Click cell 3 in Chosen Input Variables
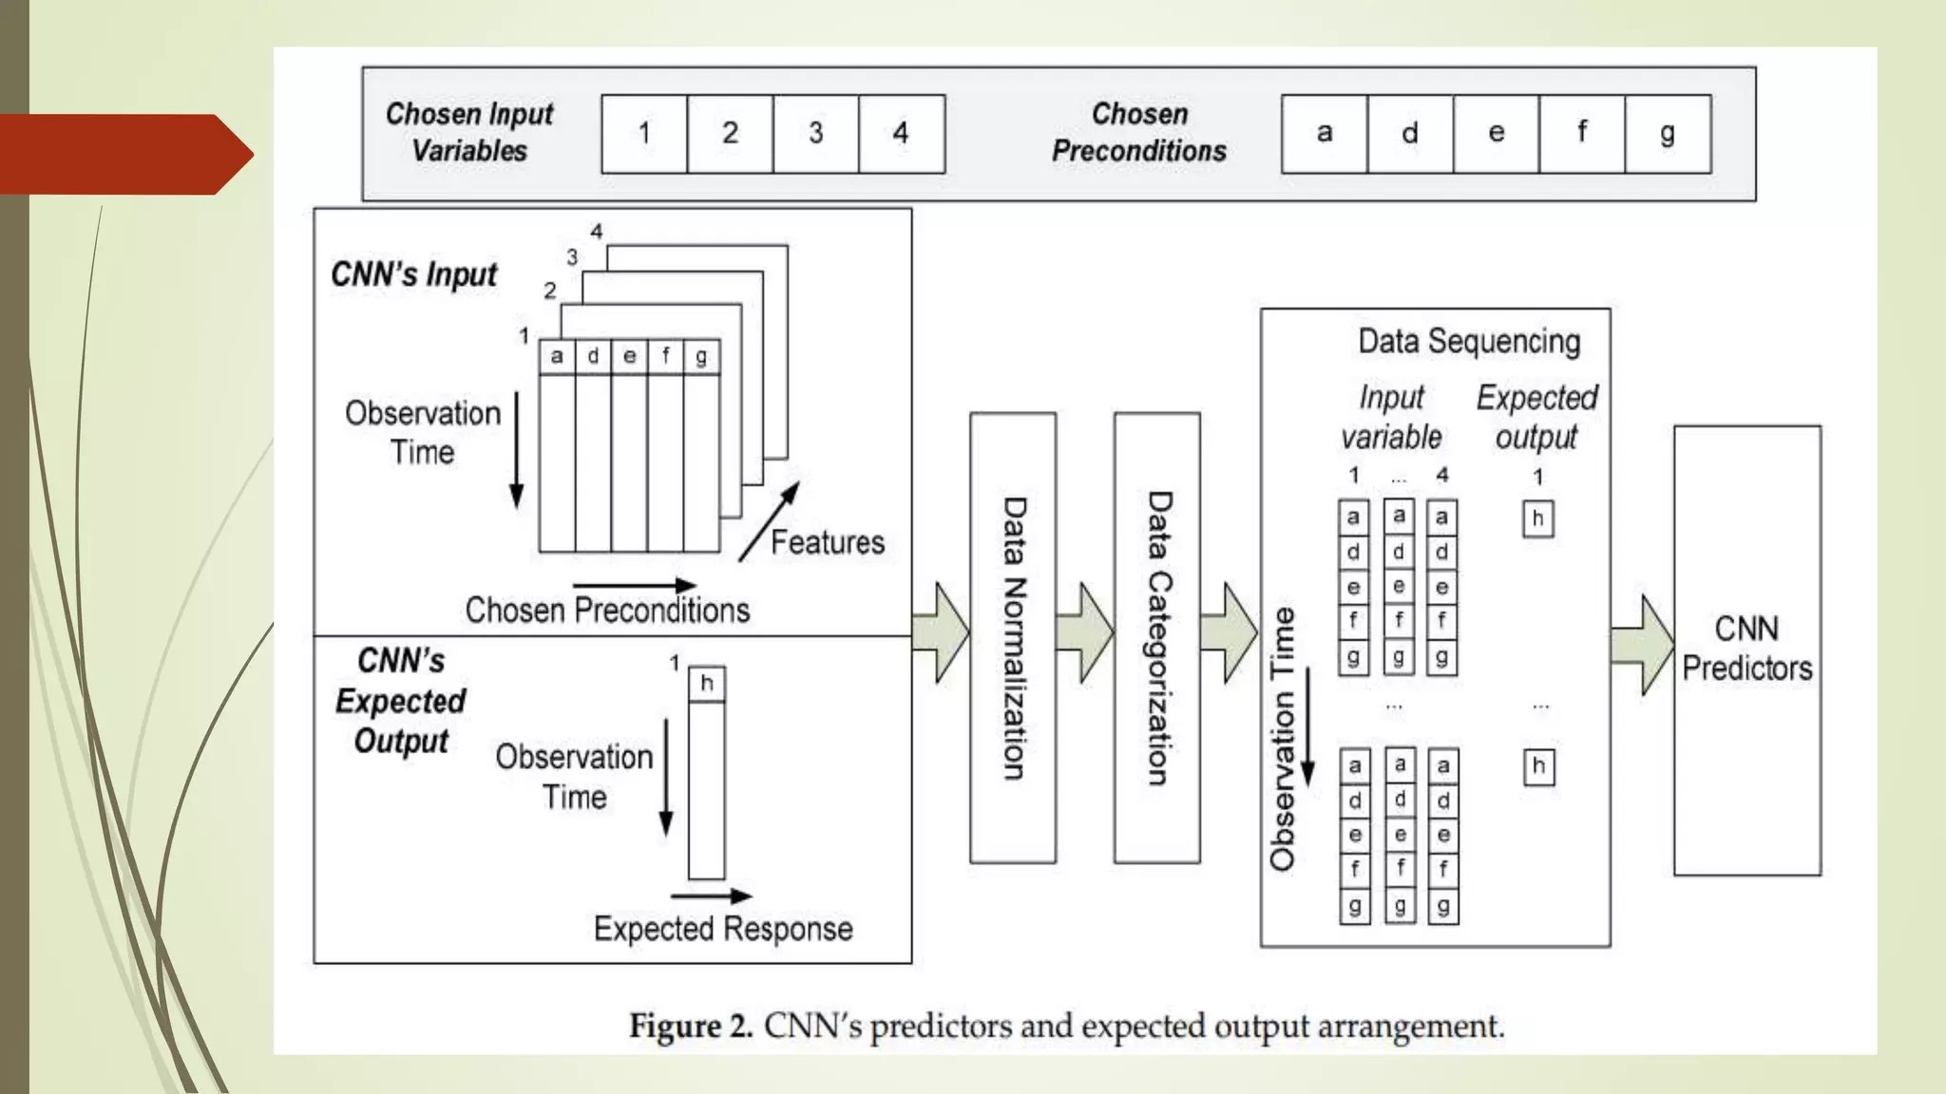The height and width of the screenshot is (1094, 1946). pyautogui.click(x=815, y=133)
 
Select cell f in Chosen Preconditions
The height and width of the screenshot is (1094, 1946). pyautogui.click(x=1581, y=133)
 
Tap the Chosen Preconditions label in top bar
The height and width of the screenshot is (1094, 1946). pyautogui.click(x=1138, y=133)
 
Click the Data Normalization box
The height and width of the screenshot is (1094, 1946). pyautogui.click(x=1013, y=637)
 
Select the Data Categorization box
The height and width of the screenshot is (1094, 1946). pyautogui.click(x=1156, y=637)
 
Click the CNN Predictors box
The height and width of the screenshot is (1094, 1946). pyautogui.click(x=1746, y=650)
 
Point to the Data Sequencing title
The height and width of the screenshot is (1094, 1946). pyautogui.click(x=1469, y=341)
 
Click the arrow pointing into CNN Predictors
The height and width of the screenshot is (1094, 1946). pyautogui.click(x=1642, y=645)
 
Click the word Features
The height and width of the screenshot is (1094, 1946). pyautogui.click(x=827, y=542)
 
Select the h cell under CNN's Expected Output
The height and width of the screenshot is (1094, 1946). pyautogui.click(x=706, y=683)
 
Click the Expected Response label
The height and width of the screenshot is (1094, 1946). pyautogui.click(x=722, y=928)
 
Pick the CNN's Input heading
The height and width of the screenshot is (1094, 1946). pyautogui.click(x=413, y=274)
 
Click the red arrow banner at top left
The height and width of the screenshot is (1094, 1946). pyautogui.click(x=124, y=154)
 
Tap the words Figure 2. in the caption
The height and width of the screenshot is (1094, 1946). pyautogui.click(x=691, y=1027)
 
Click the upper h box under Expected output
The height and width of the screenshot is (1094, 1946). pyautogui.click(x=1537, y=519)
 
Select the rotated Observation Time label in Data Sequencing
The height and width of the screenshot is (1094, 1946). pyautogui.click(x=1283, y=739)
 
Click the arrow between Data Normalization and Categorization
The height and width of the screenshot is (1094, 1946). pyautogui.click(x=1084, y=632)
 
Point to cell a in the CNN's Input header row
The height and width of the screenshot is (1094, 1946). pyautogui.click(x=557, y=356)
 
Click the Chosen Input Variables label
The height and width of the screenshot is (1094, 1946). pyautogui.click(x=469, y=133)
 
